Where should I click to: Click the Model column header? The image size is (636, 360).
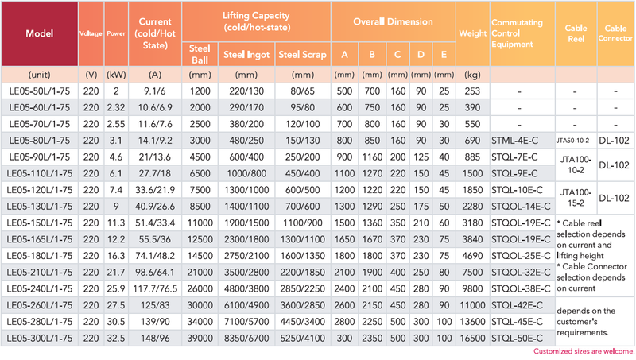[39, 33]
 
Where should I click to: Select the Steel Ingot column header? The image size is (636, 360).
[246, 55]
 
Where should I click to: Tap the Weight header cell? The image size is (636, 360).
[472, 33]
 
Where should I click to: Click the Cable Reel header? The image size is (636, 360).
[576, 33]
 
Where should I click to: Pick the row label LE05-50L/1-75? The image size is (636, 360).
[39, 91]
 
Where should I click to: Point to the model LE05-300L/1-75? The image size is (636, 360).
[39, 338]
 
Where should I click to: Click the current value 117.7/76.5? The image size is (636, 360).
[155, 288]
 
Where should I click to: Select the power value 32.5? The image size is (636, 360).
[116, 338]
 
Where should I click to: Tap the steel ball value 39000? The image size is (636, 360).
[200, 338]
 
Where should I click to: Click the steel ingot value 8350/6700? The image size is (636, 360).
[246, 338]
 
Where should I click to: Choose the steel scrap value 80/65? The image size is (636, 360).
[303, 91]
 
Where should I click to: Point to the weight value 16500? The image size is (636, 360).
[472, 338]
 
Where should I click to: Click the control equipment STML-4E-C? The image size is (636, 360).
[514, 141]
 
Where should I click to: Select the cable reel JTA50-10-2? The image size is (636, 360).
[572, 141]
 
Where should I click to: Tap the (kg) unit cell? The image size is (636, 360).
[472, 75]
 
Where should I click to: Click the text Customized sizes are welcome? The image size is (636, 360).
[584, 351]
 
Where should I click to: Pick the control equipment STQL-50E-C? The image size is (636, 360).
[517, 338]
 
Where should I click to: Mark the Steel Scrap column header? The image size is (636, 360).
[303, 55]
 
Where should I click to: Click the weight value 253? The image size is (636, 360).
[472, 91]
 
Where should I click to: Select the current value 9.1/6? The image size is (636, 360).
[155, 91]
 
